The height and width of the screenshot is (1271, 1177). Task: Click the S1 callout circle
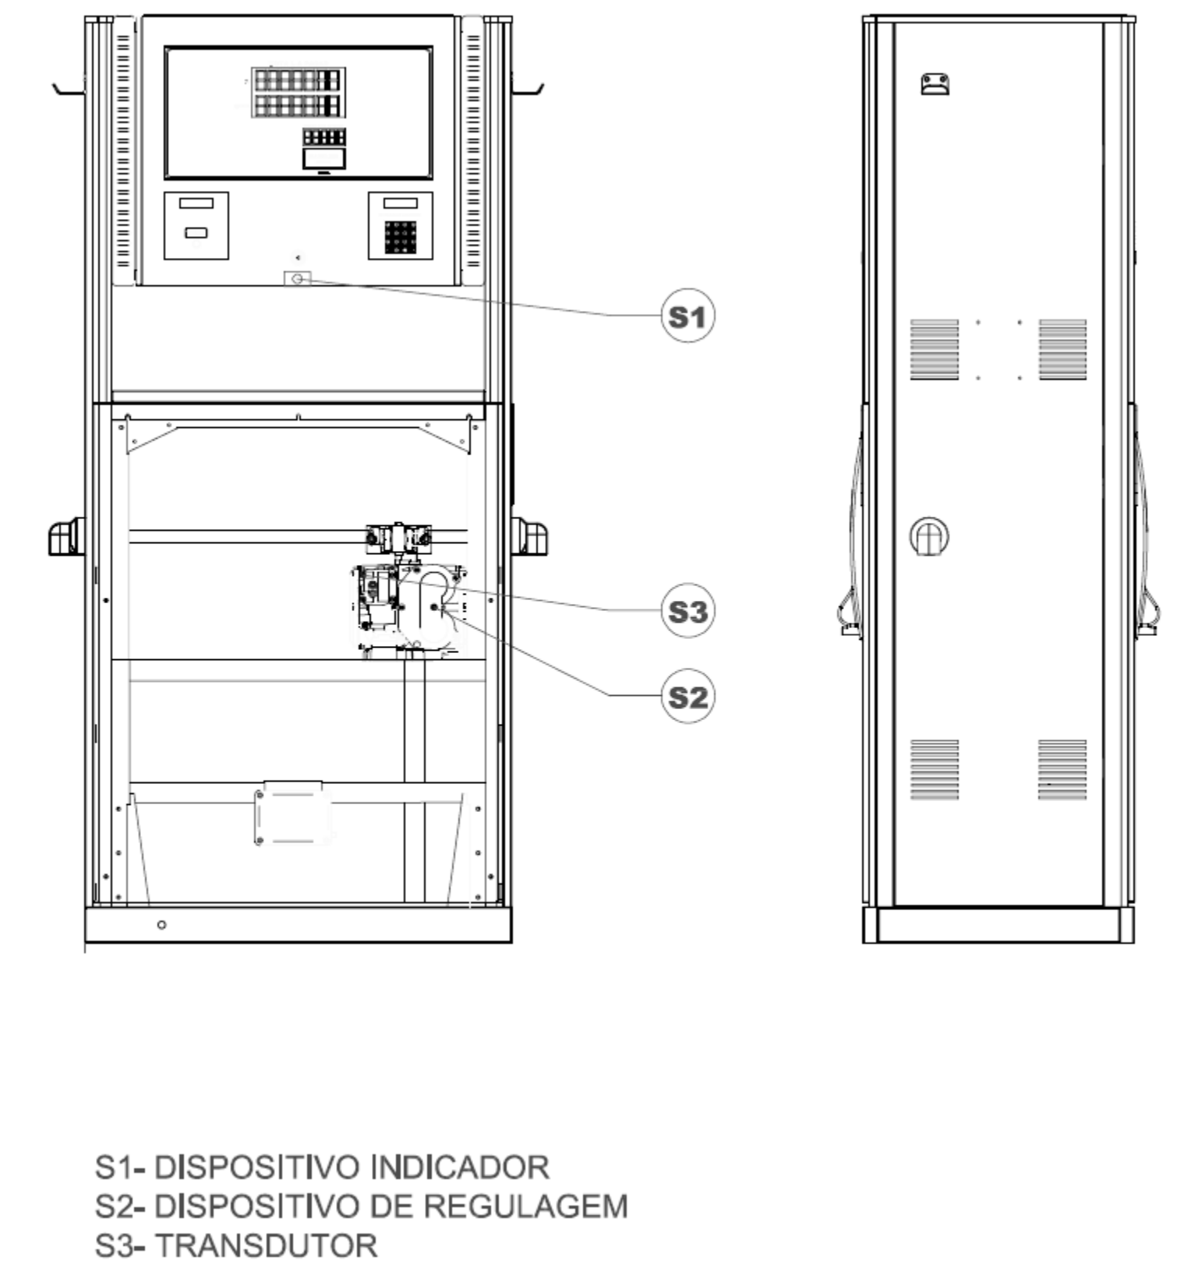687,316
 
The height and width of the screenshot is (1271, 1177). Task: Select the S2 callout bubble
687,696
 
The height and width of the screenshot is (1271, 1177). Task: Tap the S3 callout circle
687,611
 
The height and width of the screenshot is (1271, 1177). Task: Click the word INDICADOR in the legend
460,1167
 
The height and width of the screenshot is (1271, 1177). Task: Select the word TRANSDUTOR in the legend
267,1245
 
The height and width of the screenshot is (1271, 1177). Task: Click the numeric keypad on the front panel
401,237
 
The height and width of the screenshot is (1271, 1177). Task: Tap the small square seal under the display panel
297,278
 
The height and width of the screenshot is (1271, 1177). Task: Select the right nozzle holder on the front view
530,537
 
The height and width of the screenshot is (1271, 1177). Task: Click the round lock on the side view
929,537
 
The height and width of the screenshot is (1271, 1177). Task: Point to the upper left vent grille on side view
935,349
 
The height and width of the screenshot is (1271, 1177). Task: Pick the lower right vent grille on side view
1062,770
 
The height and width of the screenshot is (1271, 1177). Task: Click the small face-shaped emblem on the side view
935,84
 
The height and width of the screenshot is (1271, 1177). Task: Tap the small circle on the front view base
161,924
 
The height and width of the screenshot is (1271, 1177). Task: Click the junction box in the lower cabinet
293,813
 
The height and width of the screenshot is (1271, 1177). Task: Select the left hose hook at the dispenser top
69,88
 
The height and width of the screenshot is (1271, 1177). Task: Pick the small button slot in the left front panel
196,232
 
